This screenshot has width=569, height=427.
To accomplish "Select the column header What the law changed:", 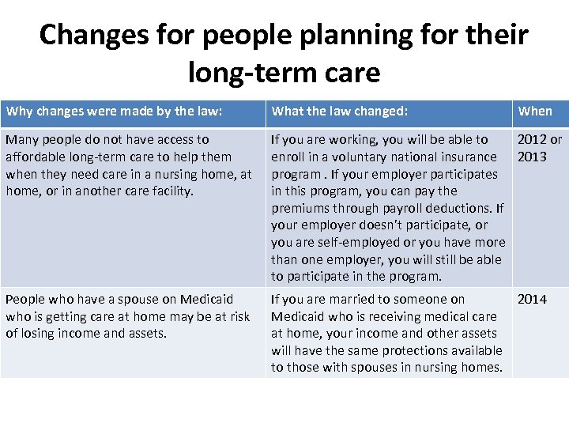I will [340, 111].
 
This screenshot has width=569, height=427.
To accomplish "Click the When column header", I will [535, 111].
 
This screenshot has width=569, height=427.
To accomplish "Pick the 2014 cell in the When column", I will [532, 300].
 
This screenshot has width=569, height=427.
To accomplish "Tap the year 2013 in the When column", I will [532, 157].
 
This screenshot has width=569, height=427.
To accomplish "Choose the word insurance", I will [469, 157].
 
